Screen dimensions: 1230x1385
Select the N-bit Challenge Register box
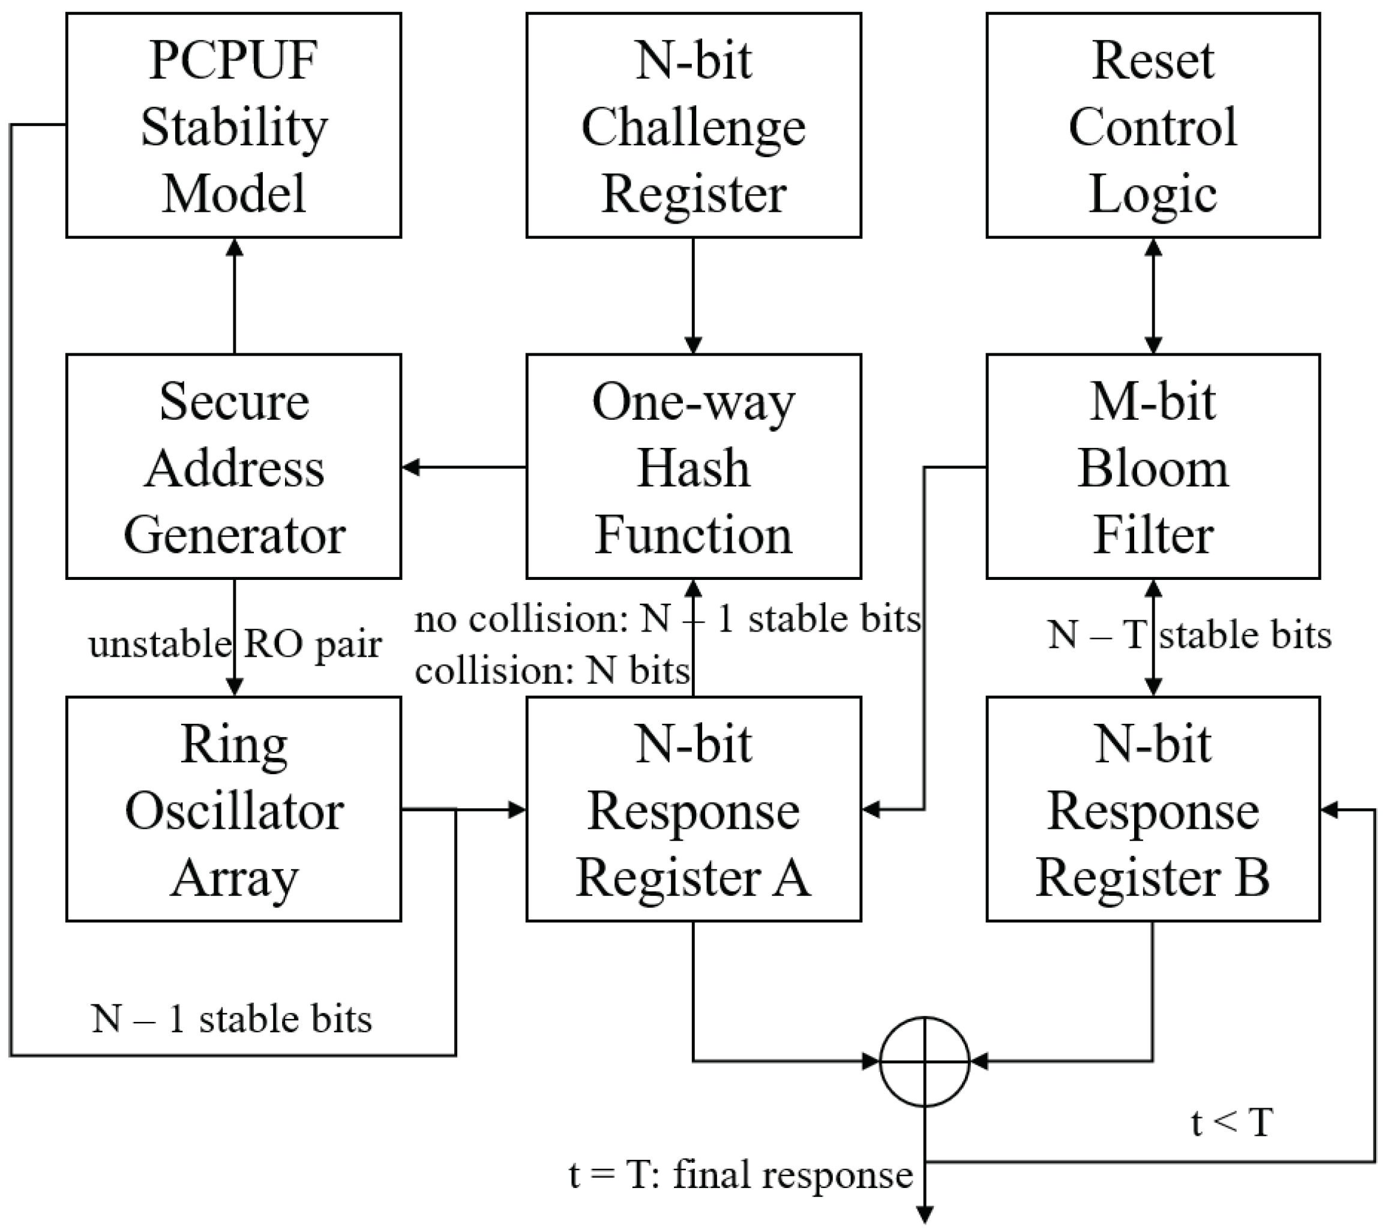coord(693,125)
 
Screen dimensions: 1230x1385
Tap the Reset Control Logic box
coord(1153,125)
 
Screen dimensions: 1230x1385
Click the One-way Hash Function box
coord(693,466)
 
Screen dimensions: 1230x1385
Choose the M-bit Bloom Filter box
coord(1153,466)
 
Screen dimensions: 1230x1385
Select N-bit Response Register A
coord(693,809)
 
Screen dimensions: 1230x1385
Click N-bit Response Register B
coord(1153,809)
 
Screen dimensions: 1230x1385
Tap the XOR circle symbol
coord(924,1061)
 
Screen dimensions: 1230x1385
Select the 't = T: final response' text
coord(741,1174)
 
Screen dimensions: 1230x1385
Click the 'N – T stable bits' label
coord(1189,635)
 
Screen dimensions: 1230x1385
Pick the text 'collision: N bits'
coord(551,670)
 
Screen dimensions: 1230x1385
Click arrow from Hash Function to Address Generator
coord(464,467)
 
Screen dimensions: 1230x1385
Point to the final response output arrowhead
coord(924,1215)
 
